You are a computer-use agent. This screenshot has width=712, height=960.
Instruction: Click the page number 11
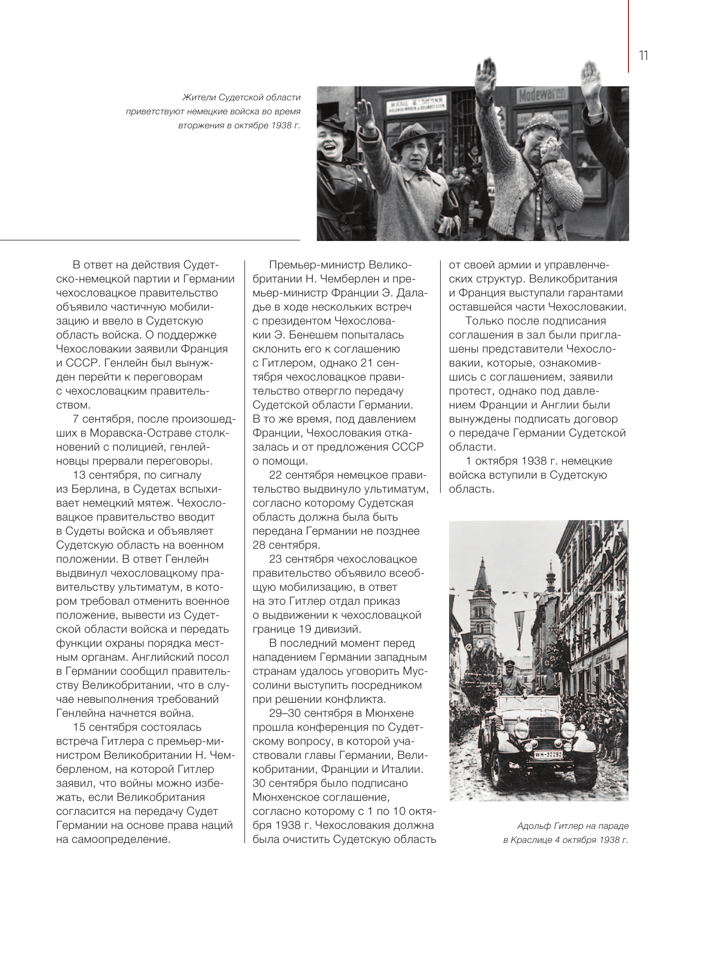click(x=643, y=55)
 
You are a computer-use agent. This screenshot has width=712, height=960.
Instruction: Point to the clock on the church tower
click(x=480, y=643)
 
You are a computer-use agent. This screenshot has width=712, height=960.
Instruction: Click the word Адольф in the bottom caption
click(x=534, y=826)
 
